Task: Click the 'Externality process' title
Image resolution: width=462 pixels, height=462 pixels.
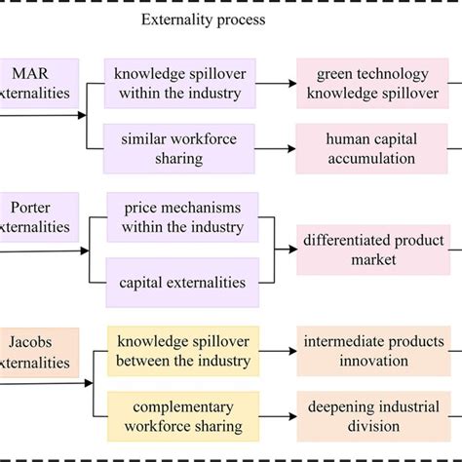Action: click(204, 19)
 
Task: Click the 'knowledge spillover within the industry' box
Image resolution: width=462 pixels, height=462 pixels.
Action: click(181, 83)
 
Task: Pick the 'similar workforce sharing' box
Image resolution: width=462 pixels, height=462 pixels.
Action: click(181, 148)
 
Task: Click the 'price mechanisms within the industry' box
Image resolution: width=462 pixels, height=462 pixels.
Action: click(181, 216)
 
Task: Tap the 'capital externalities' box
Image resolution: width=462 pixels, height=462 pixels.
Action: click(181, 283)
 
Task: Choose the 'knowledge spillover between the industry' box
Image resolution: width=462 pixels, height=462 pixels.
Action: click(181, 352)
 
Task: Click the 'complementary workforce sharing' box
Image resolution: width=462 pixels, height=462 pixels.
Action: click(181, 417)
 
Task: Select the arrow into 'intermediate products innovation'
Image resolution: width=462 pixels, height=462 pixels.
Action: click(277, 352)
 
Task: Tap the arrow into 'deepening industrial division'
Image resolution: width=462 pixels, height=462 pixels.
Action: click(277, 417)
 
